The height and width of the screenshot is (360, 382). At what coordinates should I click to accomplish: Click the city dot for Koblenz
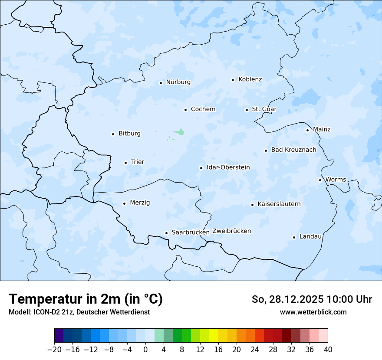coord(233,80)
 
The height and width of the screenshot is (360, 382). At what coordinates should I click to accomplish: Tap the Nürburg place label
coord(178,82)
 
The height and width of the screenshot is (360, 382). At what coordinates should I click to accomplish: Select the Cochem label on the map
coord(203,109)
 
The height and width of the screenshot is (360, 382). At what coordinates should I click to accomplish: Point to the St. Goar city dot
coord(247,110)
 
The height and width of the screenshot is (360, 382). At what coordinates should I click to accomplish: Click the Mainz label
coord(322,129)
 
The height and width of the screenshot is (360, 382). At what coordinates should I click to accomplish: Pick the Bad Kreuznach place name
coord(293,150)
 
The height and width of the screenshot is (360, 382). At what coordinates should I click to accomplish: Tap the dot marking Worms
coord(320,180)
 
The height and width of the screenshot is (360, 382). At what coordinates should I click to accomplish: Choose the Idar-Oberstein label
coord(228,167)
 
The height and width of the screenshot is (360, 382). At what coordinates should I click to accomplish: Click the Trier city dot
coord(125,163)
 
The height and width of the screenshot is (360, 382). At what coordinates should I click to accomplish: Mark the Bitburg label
coord(129,134)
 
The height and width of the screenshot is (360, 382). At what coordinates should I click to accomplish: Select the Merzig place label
coord(140,203)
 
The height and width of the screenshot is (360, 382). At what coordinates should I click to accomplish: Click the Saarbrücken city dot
coord(166,233)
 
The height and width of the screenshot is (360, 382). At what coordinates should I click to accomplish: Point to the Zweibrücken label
coord(231,231)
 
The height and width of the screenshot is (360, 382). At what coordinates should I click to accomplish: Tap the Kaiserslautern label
coord(279,204)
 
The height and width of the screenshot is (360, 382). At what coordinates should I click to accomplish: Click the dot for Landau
coord(294,237)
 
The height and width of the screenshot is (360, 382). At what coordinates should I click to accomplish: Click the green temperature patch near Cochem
coord(179,131)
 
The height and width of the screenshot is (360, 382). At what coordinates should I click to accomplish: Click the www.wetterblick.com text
coord(313,312)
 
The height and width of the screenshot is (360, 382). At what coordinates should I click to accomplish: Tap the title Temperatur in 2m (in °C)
coord(86,299)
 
